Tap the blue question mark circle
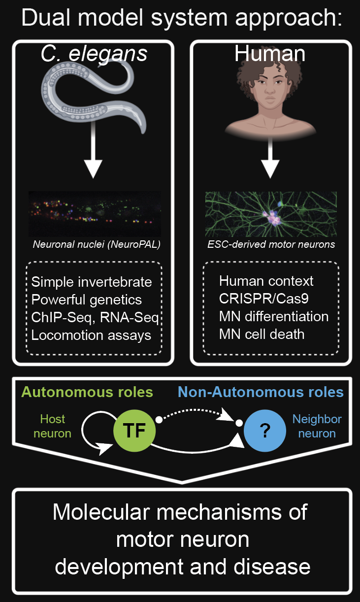(264, 432)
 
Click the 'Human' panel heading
(270, 53)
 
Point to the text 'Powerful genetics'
(86, 300)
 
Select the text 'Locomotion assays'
(91, 335)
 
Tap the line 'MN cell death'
(262, 334)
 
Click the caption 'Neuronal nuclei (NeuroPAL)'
(94, 244)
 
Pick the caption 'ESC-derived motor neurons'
(271, 244)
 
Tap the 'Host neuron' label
(52, 426)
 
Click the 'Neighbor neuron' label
(317, 426)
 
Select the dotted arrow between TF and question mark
(197, 411)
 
